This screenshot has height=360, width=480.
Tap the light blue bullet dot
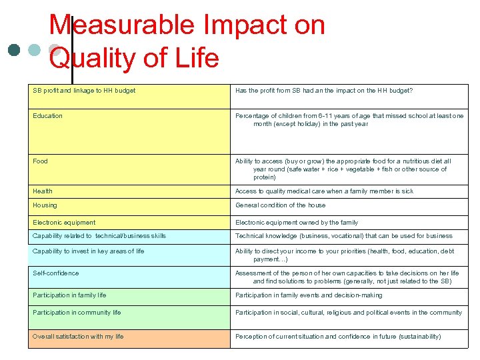pos(35,51)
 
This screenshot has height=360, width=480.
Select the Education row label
pos(47,116)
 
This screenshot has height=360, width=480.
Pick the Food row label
pos(40,161)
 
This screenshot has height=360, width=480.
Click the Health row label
pos(43,191)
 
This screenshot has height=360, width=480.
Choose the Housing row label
pos(45,205)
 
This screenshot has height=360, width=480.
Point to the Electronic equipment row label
pos(64,223)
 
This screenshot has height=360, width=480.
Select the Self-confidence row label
pos(55,273)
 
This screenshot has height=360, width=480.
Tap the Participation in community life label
pos(77,313)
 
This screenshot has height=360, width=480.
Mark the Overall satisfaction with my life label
pos(78,337)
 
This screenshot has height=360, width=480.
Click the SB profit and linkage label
pos(84,91)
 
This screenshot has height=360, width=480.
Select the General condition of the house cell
pos(280,205)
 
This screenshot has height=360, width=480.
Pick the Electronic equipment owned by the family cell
pos(296,223)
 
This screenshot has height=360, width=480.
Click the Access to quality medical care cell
pos(324,191)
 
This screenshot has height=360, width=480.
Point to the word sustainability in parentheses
pos(419,337)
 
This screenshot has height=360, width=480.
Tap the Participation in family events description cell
pos(309,295)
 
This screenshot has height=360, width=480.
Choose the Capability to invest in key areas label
pos(88,251)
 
